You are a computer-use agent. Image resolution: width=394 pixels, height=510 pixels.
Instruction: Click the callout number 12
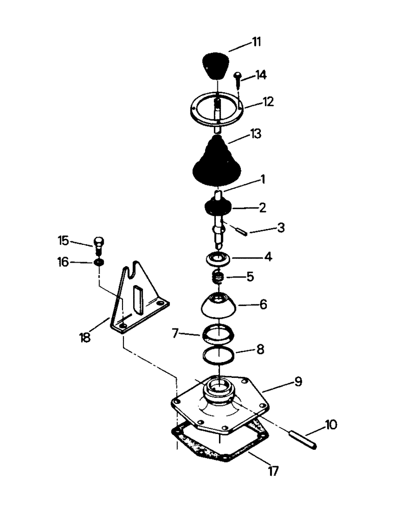pyautogui.click(x=268, y=101)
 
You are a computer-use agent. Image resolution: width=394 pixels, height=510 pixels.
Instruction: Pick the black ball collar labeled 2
pyautogui.click(x=217, y=207)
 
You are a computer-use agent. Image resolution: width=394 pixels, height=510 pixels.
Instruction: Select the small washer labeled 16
pyautogui.click(x=99, y=262)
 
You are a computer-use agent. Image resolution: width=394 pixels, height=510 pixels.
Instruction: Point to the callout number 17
pyautogui.click(x=274, y=471)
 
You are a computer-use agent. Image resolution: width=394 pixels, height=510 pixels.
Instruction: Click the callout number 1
pyautogui.click(x=263, y=180)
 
